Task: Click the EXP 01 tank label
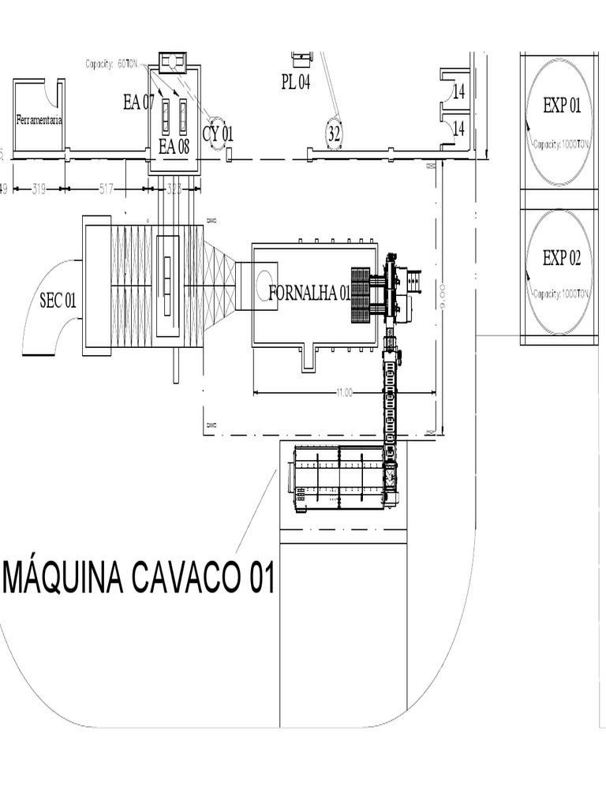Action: coord(562,106)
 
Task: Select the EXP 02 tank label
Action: coord(562,258)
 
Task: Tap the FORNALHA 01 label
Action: coord(309,294)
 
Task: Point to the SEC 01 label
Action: coord(58,299)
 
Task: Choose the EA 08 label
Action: coord(174,146)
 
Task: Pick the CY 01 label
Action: coord(218,134)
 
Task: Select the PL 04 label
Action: coord(296,82)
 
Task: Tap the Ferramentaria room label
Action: coord(39,121)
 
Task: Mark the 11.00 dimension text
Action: coord(344,392)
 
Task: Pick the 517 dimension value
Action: coord(107,189)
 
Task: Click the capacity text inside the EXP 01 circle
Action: coord(561,145)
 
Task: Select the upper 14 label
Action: coord(458,91)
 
